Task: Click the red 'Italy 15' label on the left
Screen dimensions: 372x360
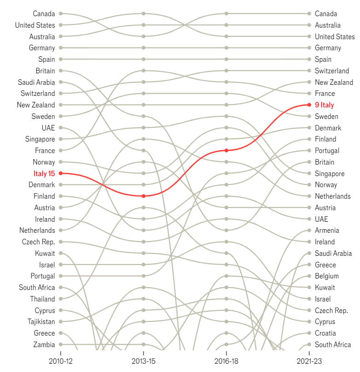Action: tap(44, 174)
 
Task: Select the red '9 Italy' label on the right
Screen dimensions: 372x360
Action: tap(324, 105)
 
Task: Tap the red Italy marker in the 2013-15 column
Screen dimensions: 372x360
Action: tap(144, 196)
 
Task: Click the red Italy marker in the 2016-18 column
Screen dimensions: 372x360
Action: tap(226, 150)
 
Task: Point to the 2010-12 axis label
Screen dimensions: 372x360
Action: tap(60, 361)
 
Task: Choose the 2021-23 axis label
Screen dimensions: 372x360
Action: tap(309, 361)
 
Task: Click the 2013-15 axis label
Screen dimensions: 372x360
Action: tap(144, 361)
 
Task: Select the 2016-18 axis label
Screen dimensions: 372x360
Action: tap(226, 361)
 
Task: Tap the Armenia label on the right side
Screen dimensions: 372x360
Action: tap(327, 230)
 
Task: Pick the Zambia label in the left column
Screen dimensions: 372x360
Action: tap(44, 344)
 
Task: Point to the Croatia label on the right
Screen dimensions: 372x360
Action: tap(325, 333)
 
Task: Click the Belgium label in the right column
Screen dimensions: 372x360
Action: tap(326, 276)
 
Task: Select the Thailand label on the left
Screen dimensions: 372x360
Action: tap(42, 299)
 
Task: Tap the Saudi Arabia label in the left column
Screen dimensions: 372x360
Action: tap(36, 82)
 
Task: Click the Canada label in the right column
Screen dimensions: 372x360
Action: tap(326, 14)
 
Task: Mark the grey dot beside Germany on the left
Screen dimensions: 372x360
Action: tap(60, 48)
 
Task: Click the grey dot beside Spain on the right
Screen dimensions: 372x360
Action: tap(309, 59)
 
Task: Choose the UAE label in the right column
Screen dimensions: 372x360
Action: tap(321, 219)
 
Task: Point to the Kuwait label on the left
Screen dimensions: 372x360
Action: tap(45, 253)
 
